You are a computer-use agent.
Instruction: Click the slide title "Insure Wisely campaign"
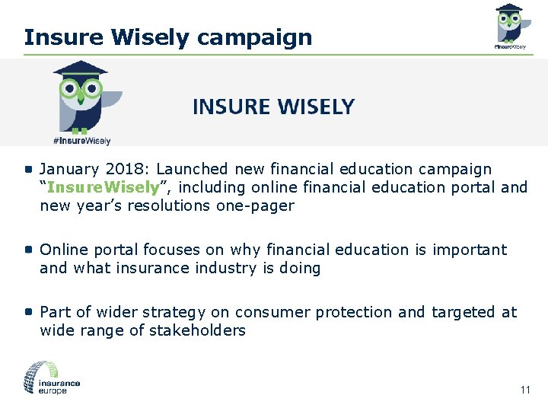(x=167, y=37)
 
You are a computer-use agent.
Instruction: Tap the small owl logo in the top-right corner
(x=508, y=25)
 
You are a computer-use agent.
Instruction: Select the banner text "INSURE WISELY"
(x=273, y=107)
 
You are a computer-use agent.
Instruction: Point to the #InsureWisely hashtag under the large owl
(x=81, y=141)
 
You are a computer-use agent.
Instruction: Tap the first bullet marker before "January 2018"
(x=28, y=169)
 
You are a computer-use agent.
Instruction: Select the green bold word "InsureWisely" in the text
(x=103, y=187)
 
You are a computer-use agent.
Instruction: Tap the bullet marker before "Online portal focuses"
(x=28, y=250)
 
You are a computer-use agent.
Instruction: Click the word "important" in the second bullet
(x=470, y=250)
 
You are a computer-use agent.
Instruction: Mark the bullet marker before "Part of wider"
(x=28, y=312)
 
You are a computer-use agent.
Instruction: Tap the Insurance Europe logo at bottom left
(x=52, y=378)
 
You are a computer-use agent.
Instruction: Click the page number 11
(x=525, y=390)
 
